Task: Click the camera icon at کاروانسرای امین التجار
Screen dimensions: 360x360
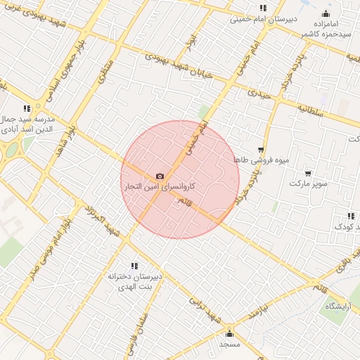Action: point(160,176)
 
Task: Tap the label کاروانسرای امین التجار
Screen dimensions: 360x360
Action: point(160,188)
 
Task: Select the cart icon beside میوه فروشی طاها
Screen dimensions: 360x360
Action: point(261,149)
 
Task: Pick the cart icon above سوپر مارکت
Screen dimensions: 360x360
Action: point(308,173)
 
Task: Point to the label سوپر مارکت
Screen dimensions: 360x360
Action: point(308,184)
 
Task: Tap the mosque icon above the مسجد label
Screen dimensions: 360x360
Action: point(229,333)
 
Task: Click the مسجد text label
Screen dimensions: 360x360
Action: point(229,345)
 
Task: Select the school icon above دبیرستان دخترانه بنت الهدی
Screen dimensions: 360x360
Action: point(135,266)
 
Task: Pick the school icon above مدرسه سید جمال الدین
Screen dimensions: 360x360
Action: point(27,108)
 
